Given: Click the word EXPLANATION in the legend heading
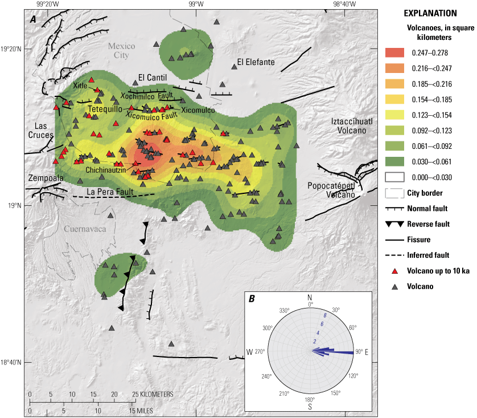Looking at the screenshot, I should [430, 13].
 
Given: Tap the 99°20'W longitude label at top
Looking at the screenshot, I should [45, 5].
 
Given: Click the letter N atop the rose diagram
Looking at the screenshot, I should [310, 298].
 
